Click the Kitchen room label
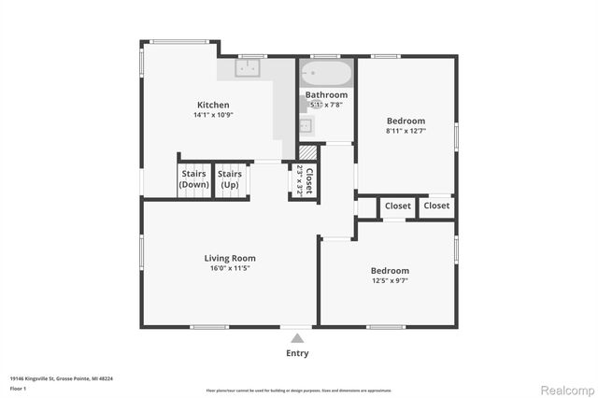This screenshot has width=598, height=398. pyautogui.click(x=212, y=105)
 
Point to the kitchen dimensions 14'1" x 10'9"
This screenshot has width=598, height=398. pyautogui.click(x=212, y=115)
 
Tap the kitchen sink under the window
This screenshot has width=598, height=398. pyautogui.click(x=249, y=68)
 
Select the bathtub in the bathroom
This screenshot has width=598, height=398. pyautogui.click(x=326, y=73)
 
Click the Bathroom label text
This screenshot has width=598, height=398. pyautogui.click(x=326, y=95)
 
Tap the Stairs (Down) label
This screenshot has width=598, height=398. pyautogui.click(x=193, y=178)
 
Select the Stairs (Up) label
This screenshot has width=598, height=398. pyautogui.click(x=230, y=178)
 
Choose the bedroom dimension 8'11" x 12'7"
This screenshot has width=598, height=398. pyautogui.click(x=406, y=132)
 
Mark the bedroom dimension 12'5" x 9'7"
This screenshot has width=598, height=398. pyautogui.click(x=390, y=280)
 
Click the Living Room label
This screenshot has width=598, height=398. pyautogui.click(x=230, y=258)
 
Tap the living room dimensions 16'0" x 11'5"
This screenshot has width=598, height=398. pyautogui.click(x=230, y=268)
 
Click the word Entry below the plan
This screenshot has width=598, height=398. pyautogui.click(x=297, y=353)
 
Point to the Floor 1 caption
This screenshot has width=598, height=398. pyautogui.click(x=19, y=388)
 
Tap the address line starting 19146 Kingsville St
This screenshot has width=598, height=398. pyautogui.click(x=61, y=378)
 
